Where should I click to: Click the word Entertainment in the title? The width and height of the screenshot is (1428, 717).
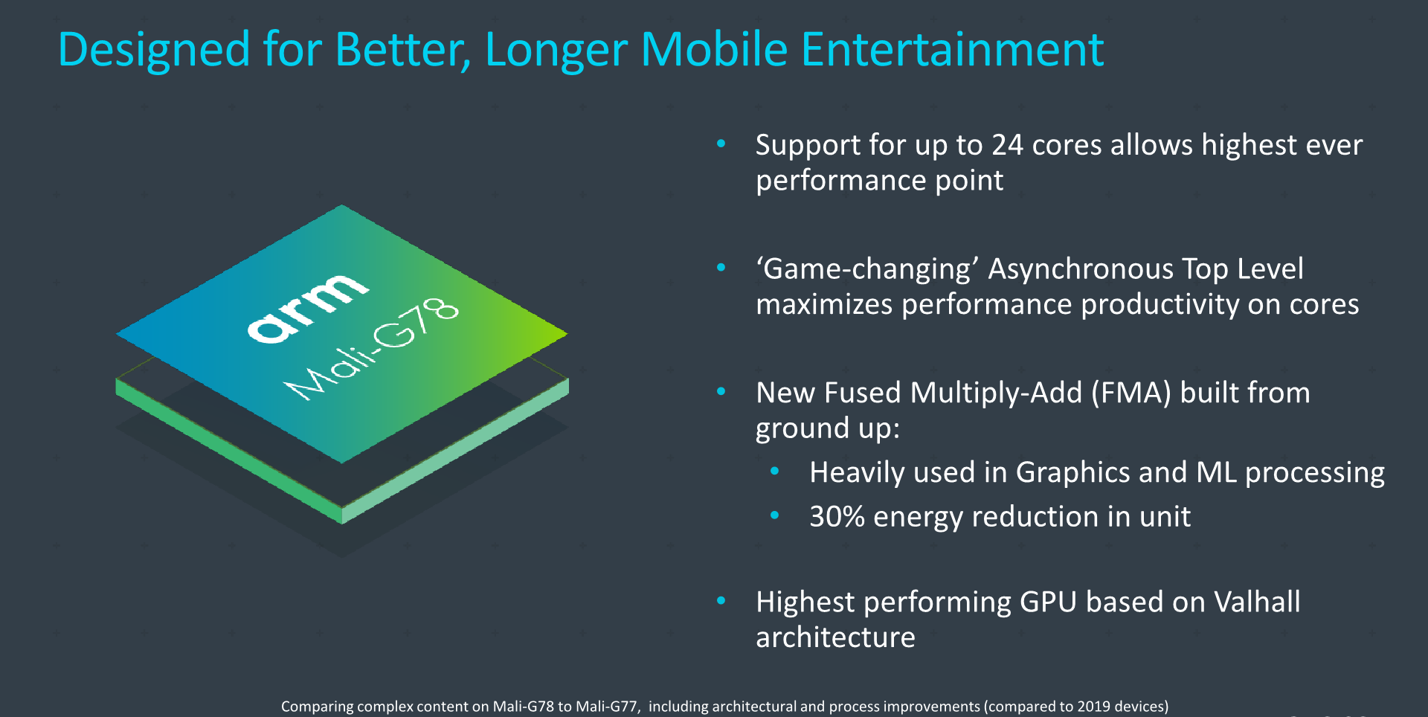(x=952, y=49)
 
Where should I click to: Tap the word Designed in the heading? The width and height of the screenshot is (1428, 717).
(x=154, y=51)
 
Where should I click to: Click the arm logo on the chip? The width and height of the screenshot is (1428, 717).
(x=307, y=308)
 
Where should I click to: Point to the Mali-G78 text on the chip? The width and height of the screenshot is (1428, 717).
(x=372, y=349)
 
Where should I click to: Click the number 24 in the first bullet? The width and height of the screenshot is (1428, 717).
(x=1007, y=145)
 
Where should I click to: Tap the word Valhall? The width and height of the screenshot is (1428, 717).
(x=1257, y=602)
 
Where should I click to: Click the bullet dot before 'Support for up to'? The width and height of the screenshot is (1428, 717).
(x=721, y=144)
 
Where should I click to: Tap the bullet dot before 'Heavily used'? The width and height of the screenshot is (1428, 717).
(x=774, y=471)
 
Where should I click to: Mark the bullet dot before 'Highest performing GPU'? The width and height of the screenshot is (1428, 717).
(x=721, y=601)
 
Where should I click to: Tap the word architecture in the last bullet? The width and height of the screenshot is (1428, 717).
(x=835, y=637)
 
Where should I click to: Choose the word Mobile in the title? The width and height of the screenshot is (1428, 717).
(x=714, y=49)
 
